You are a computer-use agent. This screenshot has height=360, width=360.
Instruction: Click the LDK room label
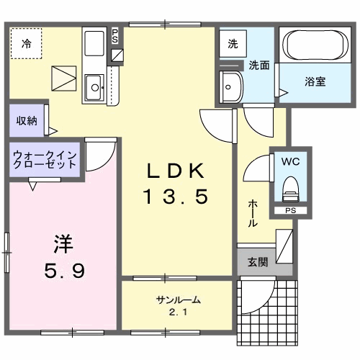point(178,171)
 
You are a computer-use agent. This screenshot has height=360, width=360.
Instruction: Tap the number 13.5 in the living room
point(178,194)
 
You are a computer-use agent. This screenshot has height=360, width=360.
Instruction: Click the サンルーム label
point(176,300)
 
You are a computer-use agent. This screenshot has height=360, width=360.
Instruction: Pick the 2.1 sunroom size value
point(176,312)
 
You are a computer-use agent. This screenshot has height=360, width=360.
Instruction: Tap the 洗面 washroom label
point(259,66)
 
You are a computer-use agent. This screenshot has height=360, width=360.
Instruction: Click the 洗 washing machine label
point(233,44)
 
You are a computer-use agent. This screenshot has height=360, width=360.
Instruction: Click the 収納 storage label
point(27,120)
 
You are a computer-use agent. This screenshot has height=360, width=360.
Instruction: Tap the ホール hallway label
point(253,214)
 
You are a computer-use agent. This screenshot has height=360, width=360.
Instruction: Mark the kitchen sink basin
point(94,89)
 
